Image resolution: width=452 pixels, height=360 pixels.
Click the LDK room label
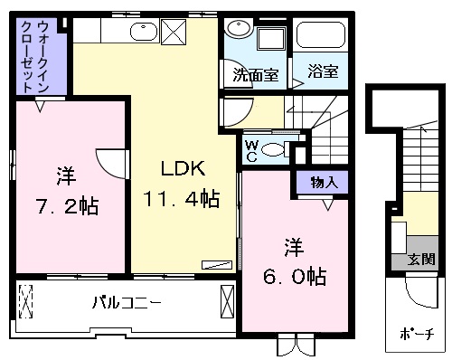[x=184, y=168]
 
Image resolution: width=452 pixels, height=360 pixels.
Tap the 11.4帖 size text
[x=182, y=198]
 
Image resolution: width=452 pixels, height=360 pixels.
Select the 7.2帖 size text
[x=68, y=206]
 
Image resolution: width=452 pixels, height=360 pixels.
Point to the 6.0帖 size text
[x=295, y=277]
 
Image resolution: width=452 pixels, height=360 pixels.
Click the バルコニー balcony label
[x=127, y=303]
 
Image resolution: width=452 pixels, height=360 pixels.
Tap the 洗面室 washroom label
[x=256, y=75]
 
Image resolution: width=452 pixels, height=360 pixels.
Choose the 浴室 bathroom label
[x=323, y=71]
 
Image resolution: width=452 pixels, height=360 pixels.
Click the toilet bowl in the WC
[x=273, y=150]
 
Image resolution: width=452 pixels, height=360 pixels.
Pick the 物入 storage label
[x=325, y=182]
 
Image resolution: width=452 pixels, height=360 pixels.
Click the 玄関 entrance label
[x=421, y=259]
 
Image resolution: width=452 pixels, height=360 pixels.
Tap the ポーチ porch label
[x=418, y=334]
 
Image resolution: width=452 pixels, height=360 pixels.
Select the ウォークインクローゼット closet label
[x=34, y=57]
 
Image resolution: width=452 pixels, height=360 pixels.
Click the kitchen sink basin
[x=144, y=31]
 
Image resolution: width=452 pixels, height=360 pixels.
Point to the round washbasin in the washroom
[x=239, y=28]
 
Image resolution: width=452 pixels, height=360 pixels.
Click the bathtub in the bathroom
[x=321, y=34]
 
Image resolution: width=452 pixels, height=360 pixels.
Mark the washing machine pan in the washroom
[x=271, y=39]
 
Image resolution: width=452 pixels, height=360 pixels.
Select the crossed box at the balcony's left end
[x=26, y=301]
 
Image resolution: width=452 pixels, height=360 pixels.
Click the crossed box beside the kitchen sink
[x=174, y=32]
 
